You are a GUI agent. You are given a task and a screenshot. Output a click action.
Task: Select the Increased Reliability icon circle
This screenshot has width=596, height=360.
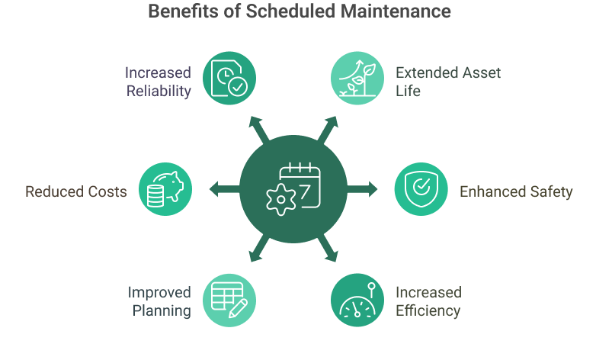[x=229, y=77]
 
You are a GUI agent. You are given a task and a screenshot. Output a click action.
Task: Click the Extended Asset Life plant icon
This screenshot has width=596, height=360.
[x=357, y=77]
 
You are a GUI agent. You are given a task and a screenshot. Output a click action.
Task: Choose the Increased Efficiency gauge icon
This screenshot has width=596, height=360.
[x=357, y=300]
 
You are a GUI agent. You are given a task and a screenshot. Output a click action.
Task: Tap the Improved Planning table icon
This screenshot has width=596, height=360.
[x=229, y=300]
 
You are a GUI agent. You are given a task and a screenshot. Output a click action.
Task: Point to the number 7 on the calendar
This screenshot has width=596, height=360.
[x=306, y=193]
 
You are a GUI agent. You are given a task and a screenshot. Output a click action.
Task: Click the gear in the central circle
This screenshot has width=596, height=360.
[x=278, y=201]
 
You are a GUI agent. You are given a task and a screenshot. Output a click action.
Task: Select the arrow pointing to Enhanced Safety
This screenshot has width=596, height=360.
[x=364, y=189]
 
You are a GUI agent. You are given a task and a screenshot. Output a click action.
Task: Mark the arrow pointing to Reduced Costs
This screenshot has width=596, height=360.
[x=223, y=189]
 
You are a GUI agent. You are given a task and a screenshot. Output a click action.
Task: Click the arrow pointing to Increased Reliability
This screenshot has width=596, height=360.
[x=256, y=127]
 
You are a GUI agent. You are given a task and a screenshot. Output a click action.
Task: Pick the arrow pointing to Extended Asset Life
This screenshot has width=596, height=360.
[x=328, y=127]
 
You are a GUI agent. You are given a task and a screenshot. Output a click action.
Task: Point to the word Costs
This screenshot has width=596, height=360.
[x=107, y=191]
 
